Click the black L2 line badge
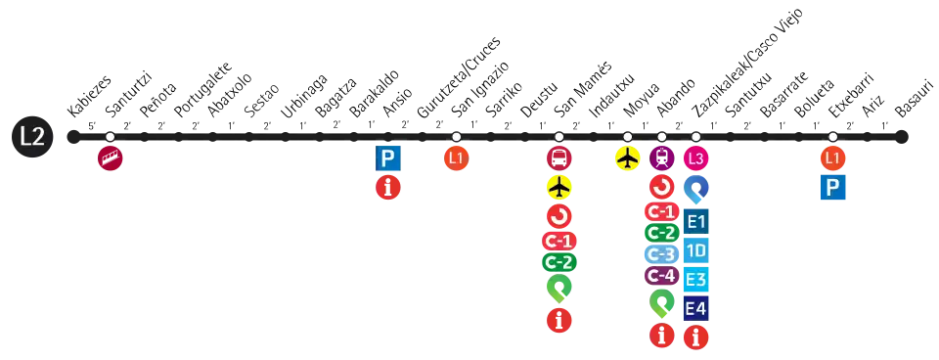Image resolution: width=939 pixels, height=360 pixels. pos(32,137)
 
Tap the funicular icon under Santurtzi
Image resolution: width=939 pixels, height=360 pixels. pos(111,158)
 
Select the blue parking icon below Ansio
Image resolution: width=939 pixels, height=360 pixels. pos(388,158)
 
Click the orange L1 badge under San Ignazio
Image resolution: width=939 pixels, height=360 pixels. pos(457,158)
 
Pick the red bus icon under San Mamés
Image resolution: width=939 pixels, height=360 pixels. pos(559,158)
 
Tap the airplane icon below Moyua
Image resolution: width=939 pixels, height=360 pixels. pos(628,158)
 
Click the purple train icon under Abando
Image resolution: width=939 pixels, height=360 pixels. pos(662,158)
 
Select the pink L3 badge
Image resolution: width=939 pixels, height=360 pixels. pos(695,158)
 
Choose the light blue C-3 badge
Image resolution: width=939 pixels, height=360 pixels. pos(662,254)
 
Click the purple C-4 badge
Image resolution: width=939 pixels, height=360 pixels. pos(662,276)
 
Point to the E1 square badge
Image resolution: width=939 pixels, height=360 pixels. pos(695,222)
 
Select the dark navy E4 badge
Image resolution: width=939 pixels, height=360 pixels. pos(695,308)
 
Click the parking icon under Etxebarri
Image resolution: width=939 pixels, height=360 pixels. pos(833,188)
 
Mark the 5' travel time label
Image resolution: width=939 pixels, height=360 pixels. pos(92,126)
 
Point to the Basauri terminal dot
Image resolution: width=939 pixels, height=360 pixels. pos(902,137)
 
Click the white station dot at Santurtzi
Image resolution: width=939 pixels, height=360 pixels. pos(111,137)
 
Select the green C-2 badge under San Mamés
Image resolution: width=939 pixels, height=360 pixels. pos(559,262)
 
